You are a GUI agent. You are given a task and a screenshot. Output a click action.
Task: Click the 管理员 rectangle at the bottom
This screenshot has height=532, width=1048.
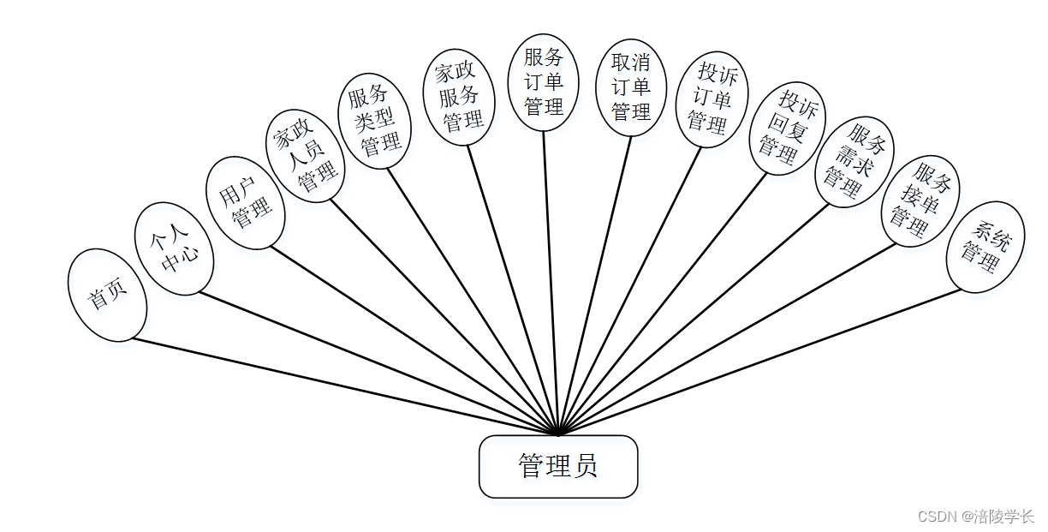pyautogui.click(x=558, y=466)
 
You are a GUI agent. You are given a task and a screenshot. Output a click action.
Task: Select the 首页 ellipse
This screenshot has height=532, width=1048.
pyautogui.click(x=107, y=295)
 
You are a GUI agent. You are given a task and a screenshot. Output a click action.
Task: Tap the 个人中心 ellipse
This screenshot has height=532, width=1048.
pyautogui.click(x=174, y=249)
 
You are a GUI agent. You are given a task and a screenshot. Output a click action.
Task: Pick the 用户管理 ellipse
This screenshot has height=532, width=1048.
pyautogui.click(x=245, y=203)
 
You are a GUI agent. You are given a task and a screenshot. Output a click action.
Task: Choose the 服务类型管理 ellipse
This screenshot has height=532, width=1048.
pyautogui.click(x=374, y=121)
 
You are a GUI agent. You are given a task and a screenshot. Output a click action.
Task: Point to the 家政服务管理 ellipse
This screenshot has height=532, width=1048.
pyautogui.click(x=460, y=97)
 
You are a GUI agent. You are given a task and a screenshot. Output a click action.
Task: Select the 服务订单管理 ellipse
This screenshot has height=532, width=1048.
pyautogui.click(x=544, y=82)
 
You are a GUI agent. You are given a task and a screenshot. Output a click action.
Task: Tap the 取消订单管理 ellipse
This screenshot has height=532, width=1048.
pyautogui.click(x=631, y=87)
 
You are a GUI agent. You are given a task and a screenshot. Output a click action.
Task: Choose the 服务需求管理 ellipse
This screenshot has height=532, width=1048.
pyautogui.click(x=854, y=161)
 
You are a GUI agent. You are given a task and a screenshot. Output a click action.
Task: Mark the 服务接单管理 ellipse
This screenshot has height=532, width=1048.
pyautogui.click(x=920, y=200)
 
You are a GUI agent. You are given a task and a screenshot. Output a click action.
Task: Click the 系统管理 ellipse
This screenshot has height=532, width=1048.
pyautogui.click(x=985, y=247)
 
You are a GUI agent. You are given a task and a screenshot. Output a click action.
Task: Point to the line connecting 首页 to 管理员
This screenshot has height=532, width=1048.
pyautogui.click(x=342, y=386)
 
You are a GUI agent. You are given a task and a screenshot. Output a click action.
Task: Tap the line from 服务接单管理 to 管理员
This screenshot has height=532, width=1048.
pyautogui.click(x=728, y=338)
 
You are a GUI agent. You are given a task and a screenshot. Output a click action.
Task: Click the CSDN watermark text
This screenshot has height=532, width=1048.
pyautogui.click(x=976, y=517)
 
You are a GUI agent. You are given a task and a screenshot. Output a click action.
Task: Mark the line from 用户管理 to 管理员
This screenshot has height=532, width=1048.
pyautogui.click(x=411, y=338)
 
